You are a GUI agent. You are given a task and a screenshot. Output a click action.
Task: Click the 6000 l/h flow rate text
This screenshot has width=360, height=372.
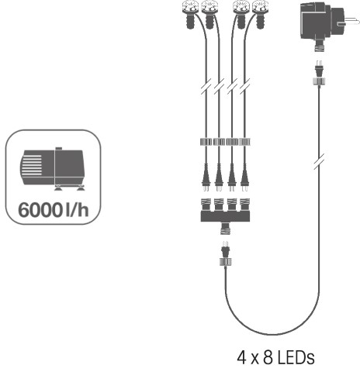tap(54, 210)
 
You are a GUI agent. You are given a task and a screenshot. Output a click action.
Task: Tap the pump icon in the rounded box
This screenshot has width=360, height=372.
tap(53, 169)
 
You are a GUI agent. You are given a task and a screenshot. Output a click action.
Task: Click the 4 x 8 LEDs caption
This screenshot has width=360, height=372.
tap(275, 357)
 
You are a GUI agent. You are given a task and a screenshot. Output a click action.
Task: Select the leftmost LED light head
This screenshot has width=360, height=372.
tap(190, 14)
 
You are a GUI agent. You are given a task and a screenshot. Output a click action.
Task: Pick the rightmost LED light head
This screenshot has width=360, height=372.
tap(261, 14)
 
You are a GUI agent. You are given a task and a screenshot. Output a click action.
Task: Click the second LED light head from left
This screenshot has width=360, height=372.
tap(209, 14)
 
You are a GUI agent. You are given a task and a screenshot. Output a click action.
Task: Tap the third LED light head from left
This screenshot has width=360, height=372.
tap(241, 14)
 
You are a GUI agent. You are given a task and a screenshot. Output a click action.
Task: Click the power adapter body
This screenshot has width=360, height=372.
tap(322, 22)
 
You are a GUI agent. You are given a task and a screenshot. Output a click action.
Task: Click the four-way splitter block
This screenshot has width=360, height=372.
tap(225, 213)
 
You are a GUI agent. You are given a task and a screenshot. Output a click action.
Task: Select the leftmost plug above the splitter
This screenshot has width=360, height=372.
tap(206, 177)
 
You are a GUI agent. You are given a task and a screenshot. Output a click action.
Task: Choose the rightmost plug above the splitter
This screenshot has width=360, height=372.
tap(244, 177)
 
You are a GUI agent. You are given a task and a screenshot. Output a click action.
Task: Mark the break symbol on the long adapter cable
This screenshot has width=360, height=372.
tap(320, 161)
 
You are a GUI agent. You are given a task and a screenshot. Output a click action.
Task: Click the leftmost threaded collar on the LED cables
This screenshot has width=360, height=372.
tap(206, 142)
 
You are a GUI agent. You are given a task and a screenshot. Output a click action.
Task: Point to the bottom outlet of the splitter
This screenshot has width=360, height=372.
tap(225, 229)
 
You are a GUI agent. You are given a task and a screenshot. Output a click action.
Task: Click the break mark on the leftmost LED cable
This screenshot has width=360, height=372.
tap(206, 86)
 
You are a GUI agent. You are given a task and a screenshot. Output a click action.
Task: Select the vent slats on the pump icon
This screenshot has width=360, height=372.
tap(32, 165)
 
